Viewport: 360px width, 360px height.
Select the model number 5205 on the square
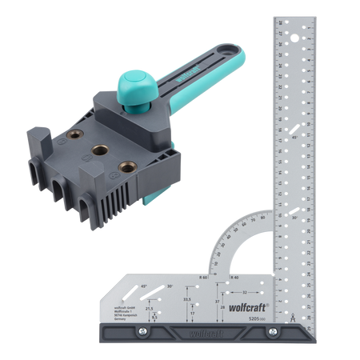click(x=279, y=318)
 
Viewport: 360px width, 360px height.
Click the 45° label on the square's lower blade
click(x=143, y=286)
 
